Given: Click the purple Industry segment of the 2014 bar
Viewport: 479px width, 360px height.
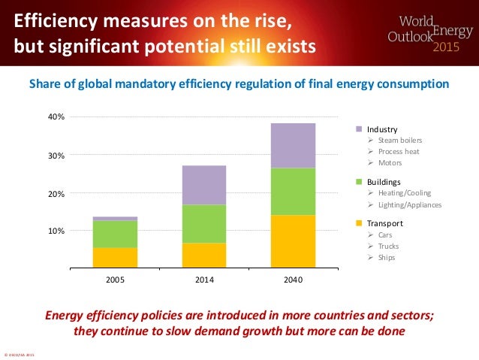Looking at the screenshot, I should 203,185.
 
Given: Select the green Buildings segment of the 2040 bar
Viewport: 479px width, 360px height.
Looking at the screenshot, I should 293,192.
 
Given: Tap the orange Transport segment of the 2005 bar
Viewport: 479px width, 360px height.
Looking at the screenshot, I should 115,258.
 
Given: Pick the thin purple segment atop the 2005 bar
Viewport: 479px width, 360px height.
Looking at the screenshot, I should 115,219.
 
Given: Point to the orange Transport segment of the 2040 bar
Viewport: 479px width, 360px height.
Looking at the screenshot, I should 293,241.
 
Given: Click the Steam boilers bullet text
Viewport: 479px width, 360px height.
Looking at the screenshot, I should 400,141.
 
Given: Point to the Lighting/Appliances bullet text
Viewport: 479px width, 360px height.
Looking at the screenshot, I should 410,204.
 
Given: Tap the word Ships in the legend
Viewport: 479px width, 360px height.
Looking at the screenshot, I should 386,258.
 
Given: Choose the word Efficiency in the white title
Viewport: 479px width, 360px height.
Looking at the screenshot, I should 56,18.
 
